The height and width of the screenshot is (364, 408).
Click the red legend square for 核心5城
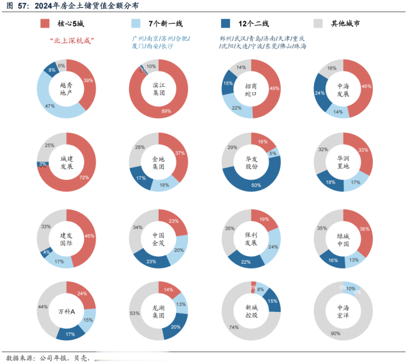[45, 23]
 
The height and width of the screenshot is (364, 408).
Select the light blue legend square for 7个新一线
[136, 23]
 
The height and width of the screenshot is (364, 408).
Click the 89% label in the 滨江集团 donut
[166, 111]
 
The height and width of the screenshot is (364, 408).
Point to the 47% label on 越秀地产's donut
[50, 106]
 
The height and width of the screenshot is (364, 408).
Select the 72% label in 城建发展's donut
[84, 177]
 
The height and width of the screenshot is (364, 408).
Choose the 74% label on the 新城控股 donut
[233, 328]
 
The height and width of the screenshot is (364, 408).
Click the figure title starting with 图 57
[71, 6]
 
